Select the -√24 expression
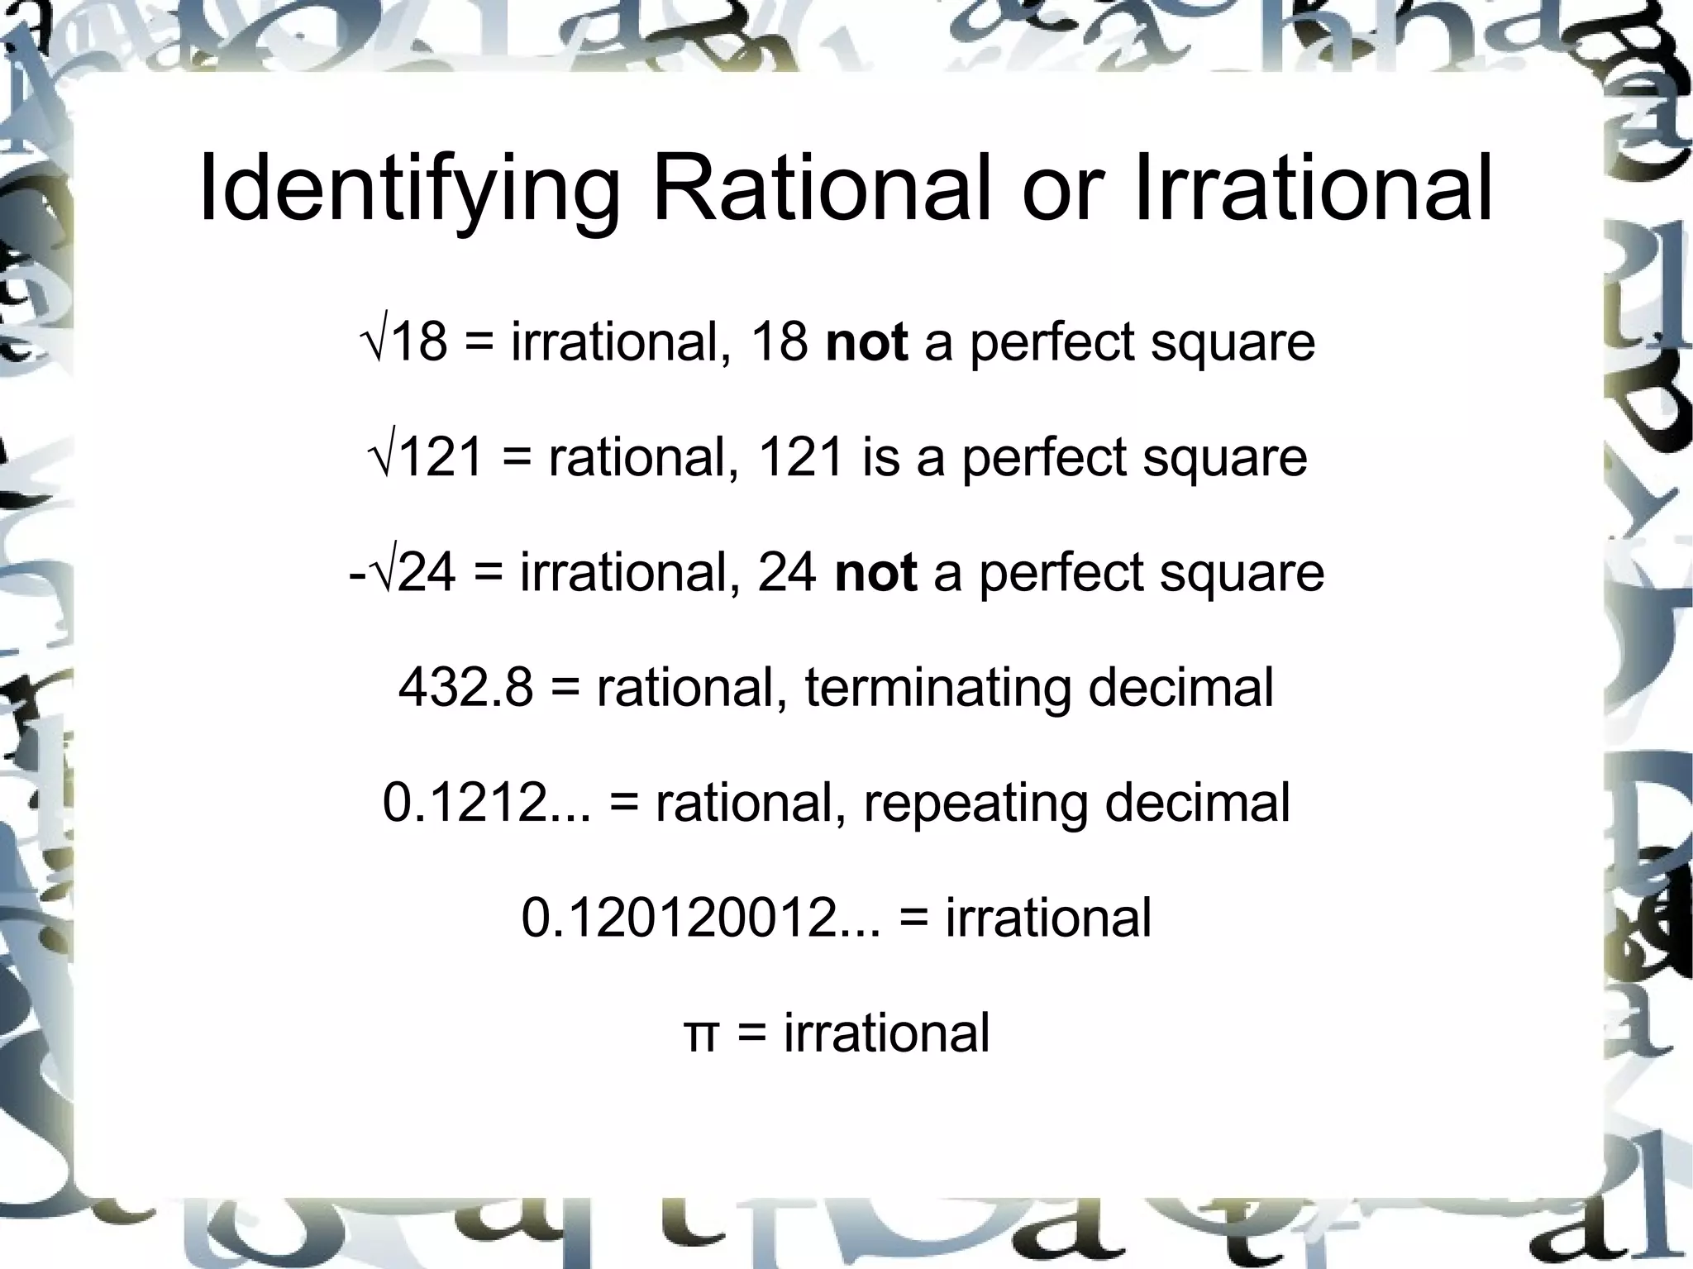(x=402, y=572)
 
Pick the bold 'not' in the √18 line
(x=866, y=341)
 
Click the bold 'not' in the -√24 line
(x=875, y=572)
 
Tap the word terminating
(x=938, y=689)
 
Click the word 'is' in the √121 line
(x=880, y=456)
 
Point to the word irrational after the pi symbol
(x=886, y=1033)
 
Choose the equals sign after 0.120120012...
(x=913, y=918)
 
